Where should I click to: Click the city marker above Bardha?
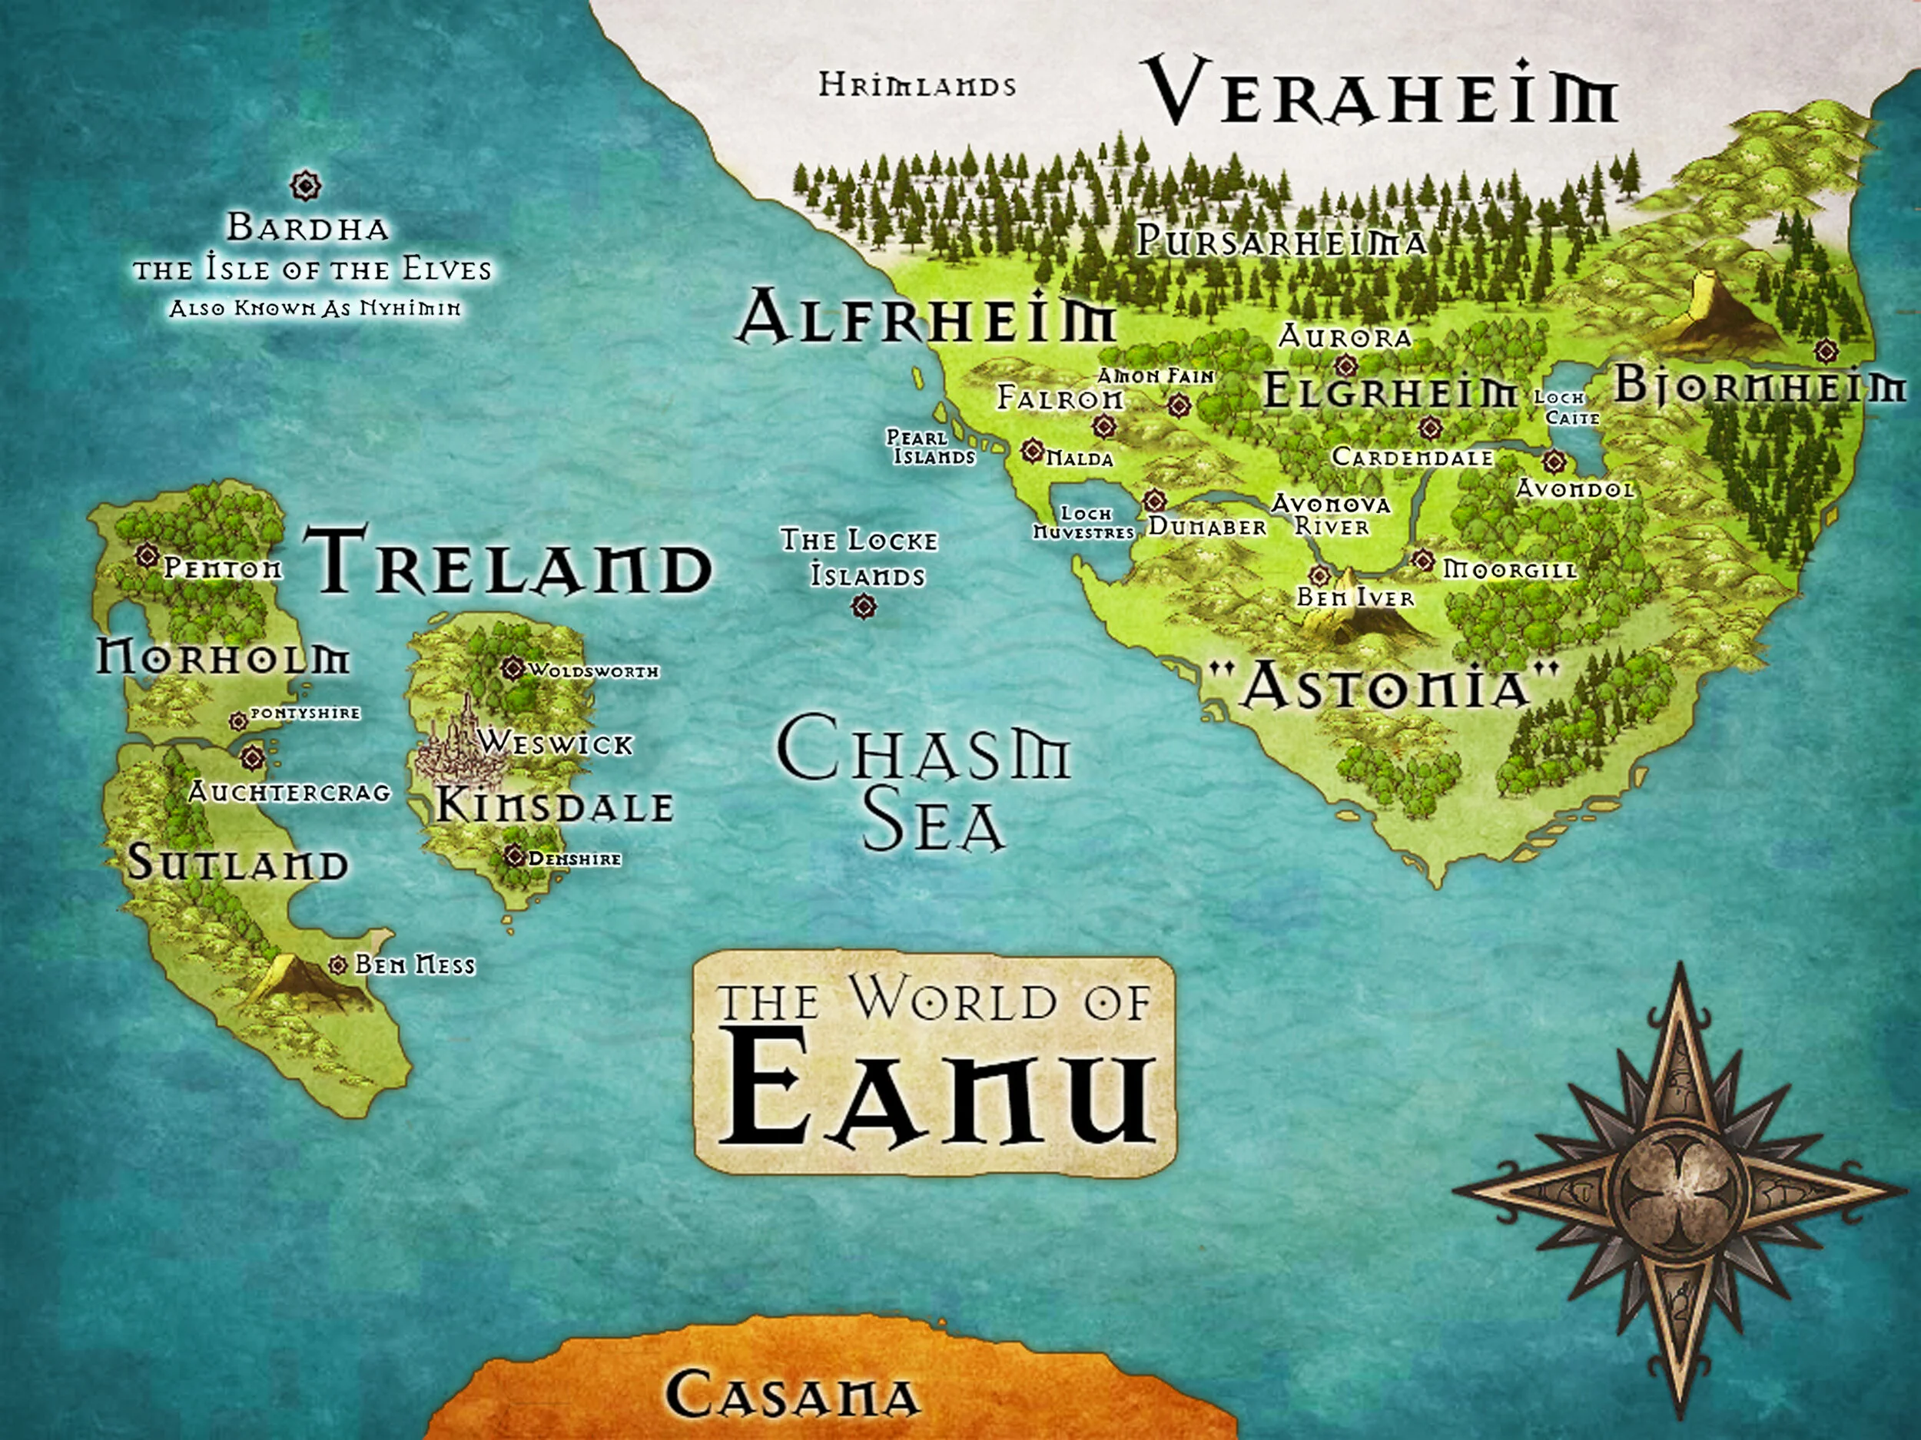[x=306, y=185]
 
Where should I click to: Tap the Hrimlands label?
[x=917, y=86]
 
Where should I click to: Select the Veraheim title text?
[x=1383, y=91]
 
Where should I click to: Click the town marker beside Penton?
[x=147, y=554]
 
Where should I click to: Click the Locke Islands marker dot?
[x=862, y=607]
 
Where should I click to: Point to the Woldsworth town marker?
[x=513, y=668]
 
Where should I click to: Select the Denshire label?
[x=574, y=859]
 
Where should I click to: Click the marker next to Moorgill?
[x=1422, y=561]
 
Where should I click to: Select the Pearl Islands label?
[x=930, y=447]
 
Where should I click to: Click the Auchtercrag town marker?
[x=252, y=758]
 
